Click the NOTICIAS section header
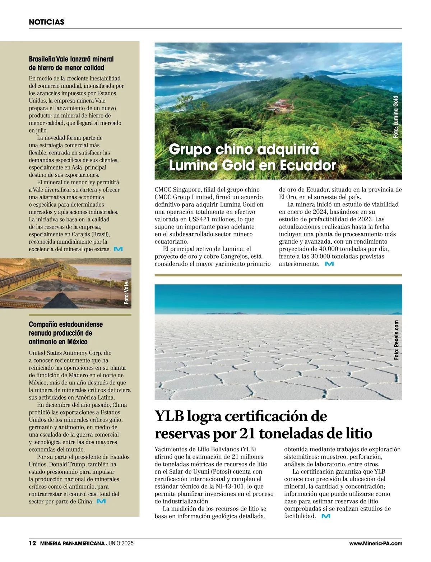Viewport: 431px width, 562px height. coord(46,22)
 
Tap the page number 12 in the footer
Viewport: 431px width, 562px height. coord(32,544)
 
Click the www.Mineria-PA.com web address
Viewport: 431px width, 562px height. coord(375,544)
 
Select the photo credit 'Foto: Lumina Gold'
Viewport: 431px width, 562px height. coord(396,117)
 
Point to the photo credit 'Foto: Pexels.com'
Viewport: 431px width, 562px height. coord(396,340)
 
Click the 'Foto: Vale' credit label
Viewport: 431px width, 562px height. coord(126,294)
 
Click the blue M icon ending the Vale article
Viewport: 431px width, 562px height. coord(118,249)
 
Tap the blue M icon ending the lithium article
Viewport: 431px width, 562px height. coord(325,516)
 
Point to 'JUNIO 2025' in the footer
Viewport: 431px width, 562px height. coord(120,544)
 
